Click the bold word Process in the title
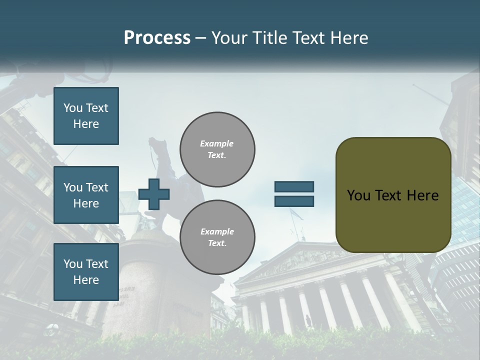157,38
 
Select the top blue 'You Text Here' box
86,116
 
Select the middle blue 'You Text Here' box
86,195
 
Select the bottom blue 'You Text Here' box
86,271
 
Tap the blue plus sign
154,194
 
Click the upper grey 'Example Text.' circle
217,149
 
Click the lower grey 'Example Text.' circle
217,237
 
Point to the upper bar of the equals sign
294,187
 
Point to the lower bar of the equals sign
294,201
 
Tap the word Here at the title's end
350,38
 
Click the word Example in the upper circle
217,143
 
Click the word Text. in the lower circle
217,243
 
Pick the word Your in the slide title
229,38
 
